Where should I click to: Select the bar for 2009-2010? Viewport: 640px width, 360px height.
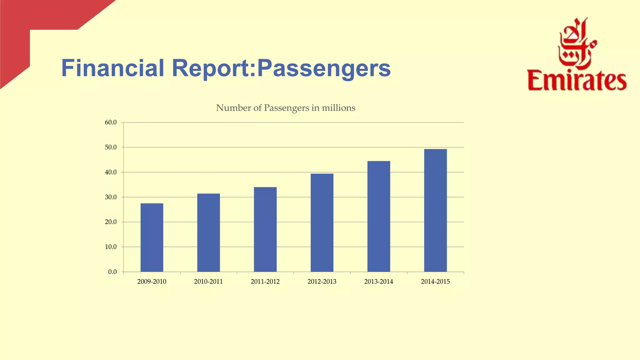[152, 237]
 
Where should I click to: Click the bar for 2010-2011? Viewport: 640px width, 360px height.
[208, 233]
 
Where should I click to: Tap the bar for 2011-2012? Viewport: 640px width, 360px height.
[265, 229]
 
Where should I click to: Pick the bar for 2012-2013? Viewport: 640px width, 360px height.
[322, 222]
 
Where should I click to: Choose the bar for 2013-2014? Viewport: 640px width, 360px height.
[379, 216]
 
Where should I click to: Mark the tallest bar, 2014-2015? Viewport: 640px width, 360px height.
[435, 210]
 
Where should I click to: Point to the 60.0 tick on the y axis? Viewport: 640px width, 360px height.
[111, 122]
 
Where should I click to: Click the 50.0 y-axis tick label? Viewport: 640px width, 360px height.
[111, 147]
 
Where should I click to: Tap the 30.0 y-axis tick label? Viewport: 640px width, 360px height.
[111, 197]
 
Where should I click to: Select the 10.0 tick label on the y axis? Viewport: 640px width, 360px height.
[111, 247]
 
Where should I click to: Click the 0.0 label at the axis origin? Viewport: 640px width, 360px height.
[112, 272]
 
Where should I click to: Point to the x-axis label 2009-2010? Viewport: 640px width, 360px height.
[152, 282]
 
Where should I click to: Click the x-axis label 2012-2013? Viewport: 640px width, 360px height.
[322, 282]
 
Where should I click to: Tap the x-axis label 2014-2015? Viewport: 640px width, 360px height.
[435, 282]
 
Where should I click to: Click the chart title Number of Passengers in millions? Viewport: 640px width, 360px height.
[286, 108]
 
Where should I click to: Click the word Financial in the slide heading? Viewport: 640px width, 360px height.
[112, 68]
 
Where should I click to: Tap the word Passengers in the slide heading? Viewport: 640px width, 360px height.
[323, 69]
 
